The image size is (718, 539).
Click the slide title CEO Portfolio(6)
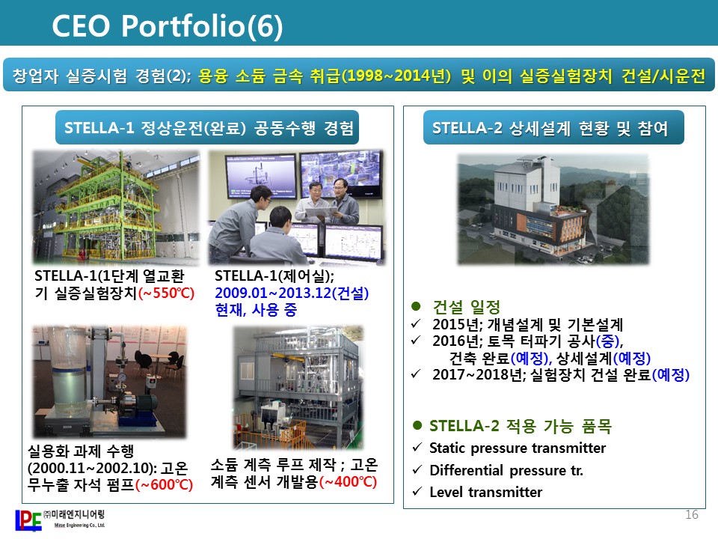(x=167, y=25)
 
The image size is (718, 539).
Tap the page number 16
(x=691, y=515)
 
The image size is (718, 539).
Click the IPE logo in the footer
(x=28, y=521)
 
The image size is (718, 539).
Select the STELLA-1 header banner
(x=207, y=127)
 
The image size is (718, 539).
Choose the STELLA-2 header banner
(x=553, y=127)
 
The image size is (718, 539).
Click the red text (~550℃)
(x=166, y=293)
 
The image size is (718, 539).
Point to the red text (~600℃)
(x=165, y=484)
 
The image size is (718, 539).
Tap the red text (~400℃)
(x=348, y=481)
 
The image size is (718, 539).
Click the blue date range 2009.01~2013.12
(x=273, y=293)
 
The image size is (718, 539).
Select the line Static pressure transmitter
(x=518, y=448)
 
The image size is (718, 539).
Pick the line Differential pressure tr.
(x=506, y=470)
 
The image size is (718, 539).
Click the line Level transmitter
(x=486, y=492)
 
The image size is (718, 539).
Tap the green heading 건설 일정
(x=467, y=307)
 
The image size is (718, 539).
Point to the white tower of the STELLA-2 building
(x=527, y=183)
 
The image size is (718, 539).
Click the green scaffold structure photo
(x=117, y=207)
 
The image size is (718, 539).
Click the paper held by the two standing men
(x=322, y=212)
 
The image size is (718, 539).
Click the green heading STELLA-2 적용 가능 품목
(x=521, y=426)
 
